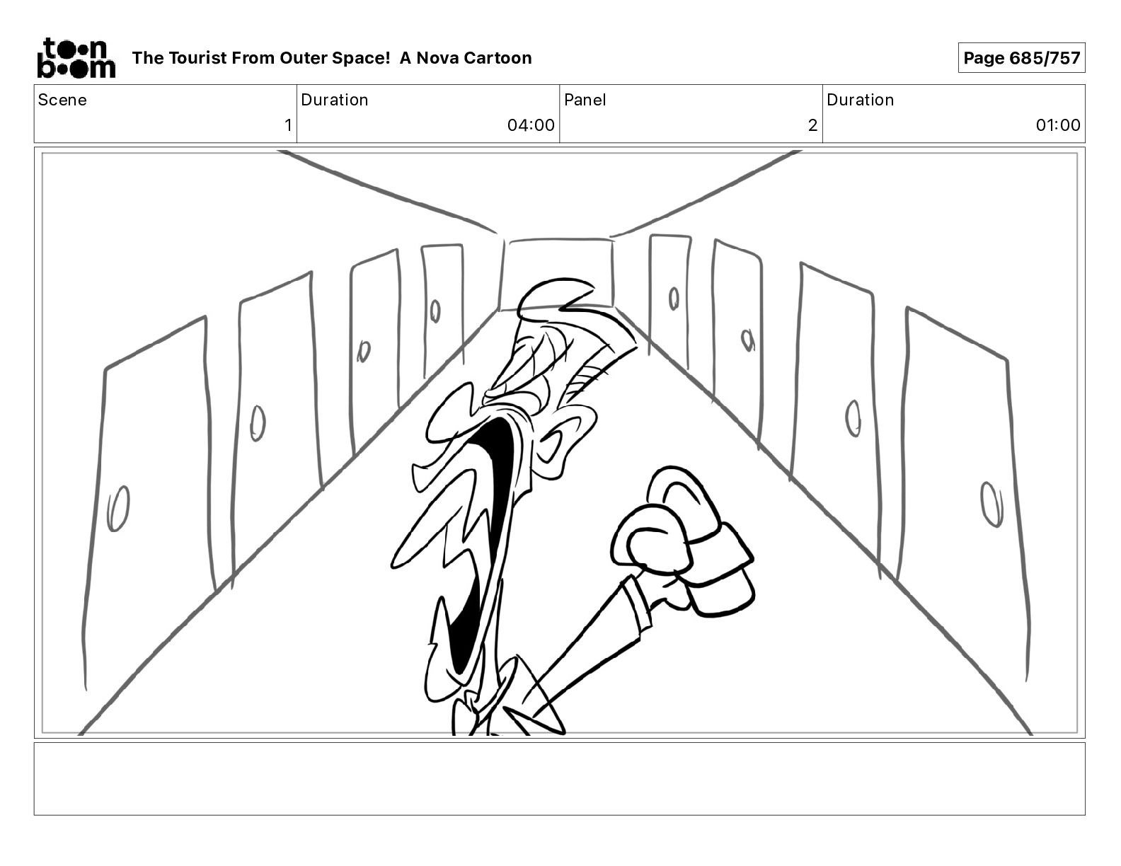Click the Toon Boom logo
point(76,58)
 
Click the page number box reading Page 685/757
point(1021,58)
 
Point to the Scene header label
point(62,100)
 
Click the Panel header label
point(585,100)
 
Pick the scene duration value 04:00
point(531,125)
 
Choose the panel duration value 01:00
point(1057,125)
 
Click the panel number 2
point(812,125)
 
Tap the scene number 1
point(288,125)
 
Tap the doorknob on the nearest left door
point(118,508)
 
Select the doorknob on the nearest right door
point(991,503)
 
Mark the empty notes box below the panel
point(559,778)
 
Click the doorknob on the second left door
point(258,423)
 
